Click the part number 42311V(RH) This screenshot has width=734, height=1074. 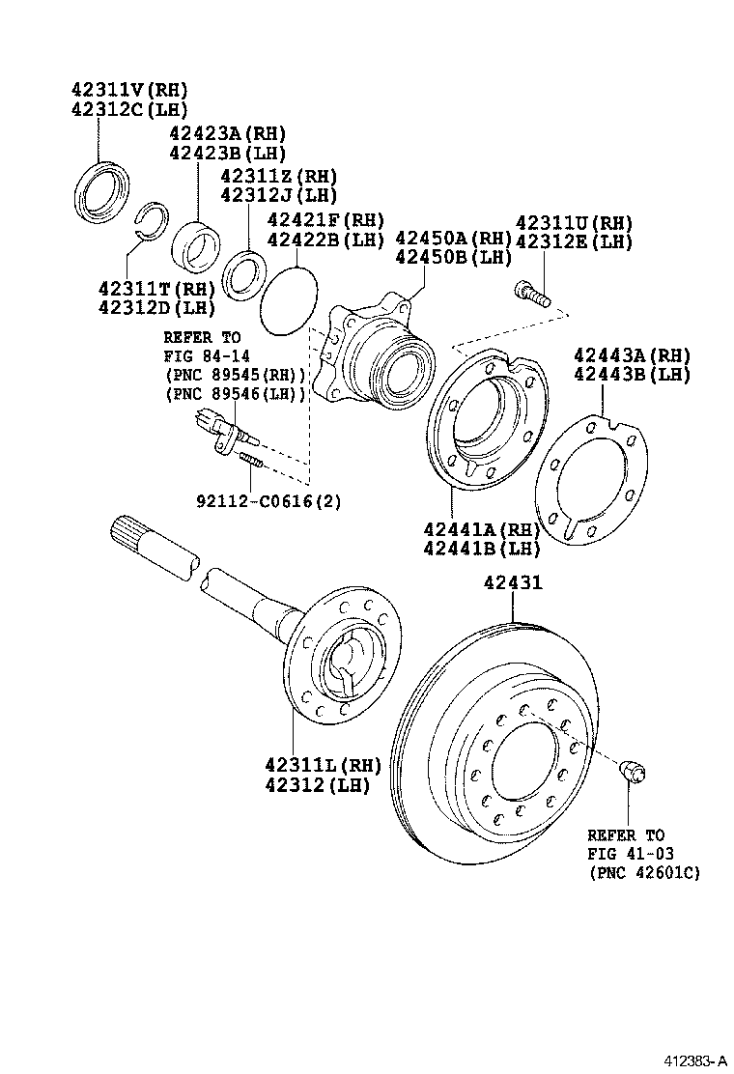point(128,90)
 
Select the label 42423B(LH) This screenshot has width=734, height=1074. point(227,153)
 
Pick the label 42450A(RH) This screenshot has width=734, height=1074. point(453,239)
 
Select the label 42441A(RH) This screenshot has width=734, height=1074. point(481,529)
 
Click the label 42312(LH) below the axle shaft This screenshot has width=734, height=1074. point(317,784)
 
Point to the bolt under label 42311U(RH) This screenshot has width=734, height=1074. point(531,292)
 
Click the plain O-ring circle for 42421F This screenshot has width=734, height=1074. point(289,302)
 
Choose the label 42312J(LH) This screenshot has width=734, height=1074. point(278,195)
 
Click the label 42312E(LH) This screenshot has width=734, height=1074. point(574,241)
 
